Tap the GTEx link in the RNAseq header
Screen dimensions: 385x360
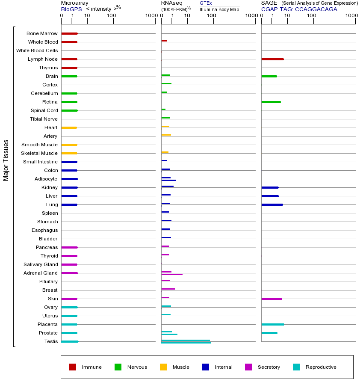point(206,3)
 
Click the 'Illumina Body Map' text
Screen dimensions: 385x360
point(219,9)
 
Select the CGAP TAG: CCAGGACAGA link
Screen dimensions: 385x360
point(299,9)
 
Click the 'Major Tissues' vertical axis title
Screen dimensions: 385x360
point(6,160)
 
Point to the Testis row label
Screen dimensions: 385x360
point(51,341)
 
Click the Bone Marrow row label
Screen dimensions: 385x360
point(42,33)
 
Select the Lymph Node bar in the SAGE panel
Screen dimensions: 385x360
point(272,59)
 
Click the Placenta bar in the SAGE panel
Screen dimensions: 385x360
point(272,324)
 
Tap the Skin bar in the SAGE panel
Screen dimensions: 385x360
point(271,299)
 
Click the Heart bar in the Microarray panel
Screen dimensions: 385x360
point(69,127)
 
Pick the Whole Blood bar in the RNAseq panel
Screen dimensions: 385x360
point(164,41)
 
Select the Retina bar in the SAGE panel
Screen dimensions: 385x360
point(271,102)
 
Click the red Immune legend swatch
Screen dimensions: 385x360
point(73,367)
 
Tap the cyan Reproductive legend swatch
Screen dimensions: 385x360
point(296,367)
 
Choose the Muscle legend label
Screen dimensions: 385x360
point(181,367)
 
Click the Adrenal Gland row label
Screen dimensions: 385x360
point(41,273)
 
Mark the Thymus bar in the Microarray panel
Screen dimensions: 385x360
point(69,68)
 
